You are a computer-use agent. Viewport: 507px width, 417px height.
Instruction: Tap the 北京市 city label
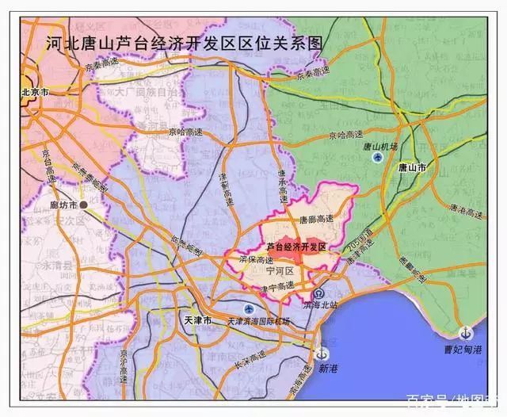[36, 93]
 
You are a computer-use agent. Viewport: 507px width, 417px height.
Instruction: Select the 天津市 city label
[197, 320]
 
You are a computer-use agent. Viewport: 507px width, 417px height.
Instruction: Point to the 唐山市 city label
[412, 168]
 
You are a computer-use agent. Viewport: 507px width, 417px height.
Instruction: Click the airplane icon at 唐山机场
[378, 157]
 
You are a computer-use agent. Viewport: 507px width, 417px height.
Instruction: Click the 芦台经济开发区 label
[296, 247]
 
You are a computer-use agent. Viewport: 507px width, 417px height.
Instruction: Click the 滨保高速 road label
[256, 259]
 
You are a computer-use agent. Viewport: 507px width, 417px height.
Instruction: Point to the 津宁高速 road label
[278, 285]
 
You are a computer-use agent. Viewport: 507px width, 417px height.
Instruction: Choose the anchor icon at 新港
[322, 354]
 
